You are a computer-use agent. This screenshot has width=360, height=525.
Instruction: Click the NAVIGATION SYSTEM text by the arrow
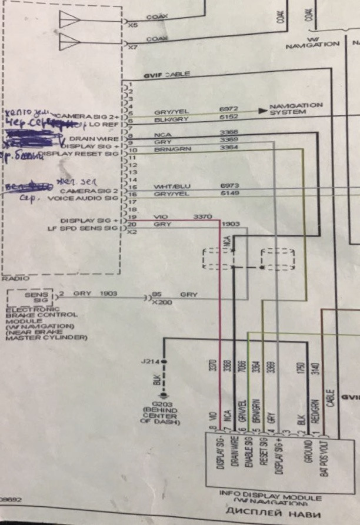(x=296, y=109)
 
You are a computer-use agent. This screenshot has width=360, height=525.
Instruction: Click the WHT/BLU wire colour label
(x=168, y=186)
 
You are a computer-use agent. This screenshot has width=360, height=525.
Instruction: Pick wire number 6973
(x=229, y=186)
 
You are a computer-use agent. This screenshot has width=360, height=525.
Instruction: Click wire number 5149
(x=229, y=193)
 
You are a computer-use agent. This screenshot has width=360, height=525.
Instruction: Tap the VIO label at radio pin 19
(x=159, y=217)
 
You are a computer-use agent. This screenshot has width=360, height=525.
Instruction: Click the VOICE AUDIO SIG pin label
(x=88, y=199)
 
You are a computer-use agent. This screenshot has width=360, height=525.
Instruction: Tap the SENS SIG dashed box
(x=31, y=296)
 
